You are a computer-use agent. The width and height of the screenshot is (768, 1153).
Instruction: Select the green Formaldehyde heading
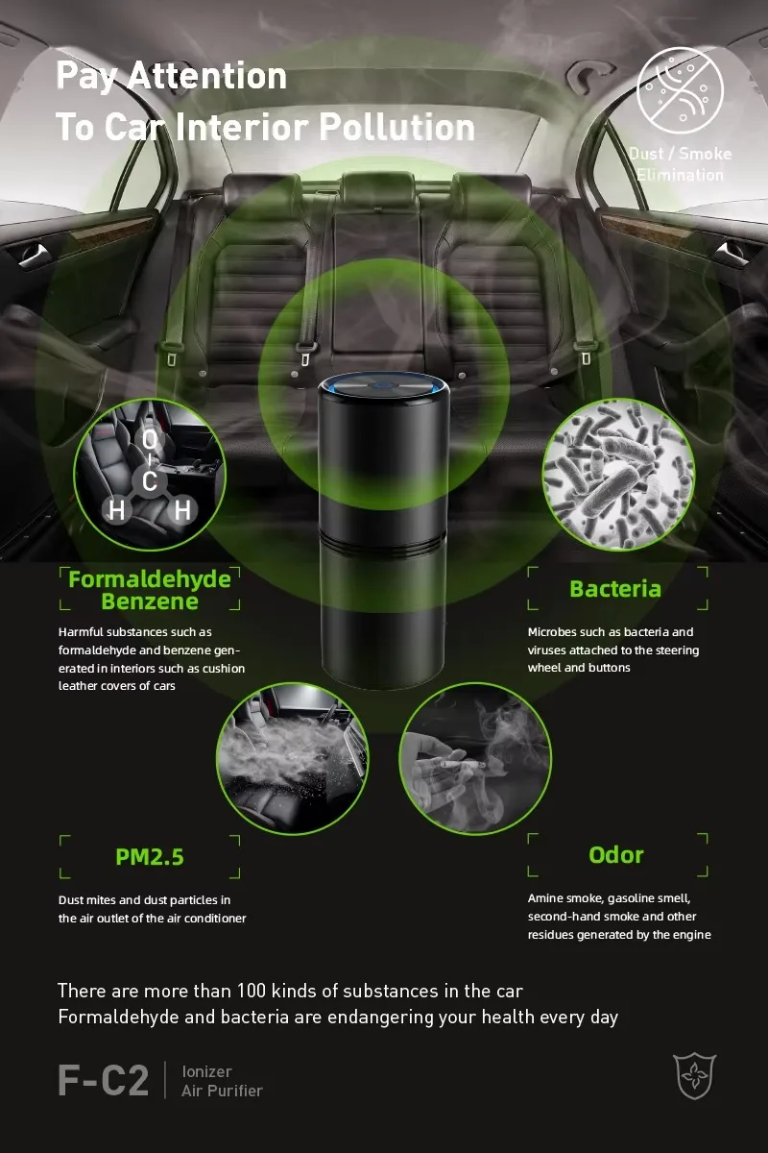[150, 579]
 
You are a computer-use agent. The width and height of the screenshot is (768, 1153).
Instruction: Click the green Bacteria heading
[615, 588]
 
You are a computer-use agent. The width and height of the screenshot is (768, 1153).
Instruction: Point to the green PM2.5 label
[150, 855]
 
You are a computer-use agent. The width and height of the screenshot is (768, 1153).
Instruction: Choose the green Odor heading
[616, 854]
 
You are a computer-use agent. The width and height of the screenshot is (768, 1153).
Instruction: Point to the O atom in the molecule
[149, 439]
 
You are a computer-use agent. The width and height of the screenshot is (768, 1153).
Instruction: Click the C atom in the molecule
[150, 481]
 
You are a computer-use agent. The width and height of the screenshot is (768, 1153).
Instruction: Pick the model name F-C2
[104, 1081]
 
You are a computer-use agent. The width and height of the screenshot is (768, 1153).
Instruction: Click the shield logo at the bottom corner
[694, 1075]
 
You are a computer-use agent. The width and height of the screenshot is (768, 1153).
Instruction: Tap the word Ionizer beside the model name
[206, 1071]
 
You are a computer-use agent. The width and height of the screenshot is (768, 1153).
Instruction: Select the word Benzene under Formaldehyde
[150, 602]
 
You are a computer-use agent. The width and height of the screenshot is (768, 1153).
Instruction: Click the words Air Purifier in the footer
[222, 1091]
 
